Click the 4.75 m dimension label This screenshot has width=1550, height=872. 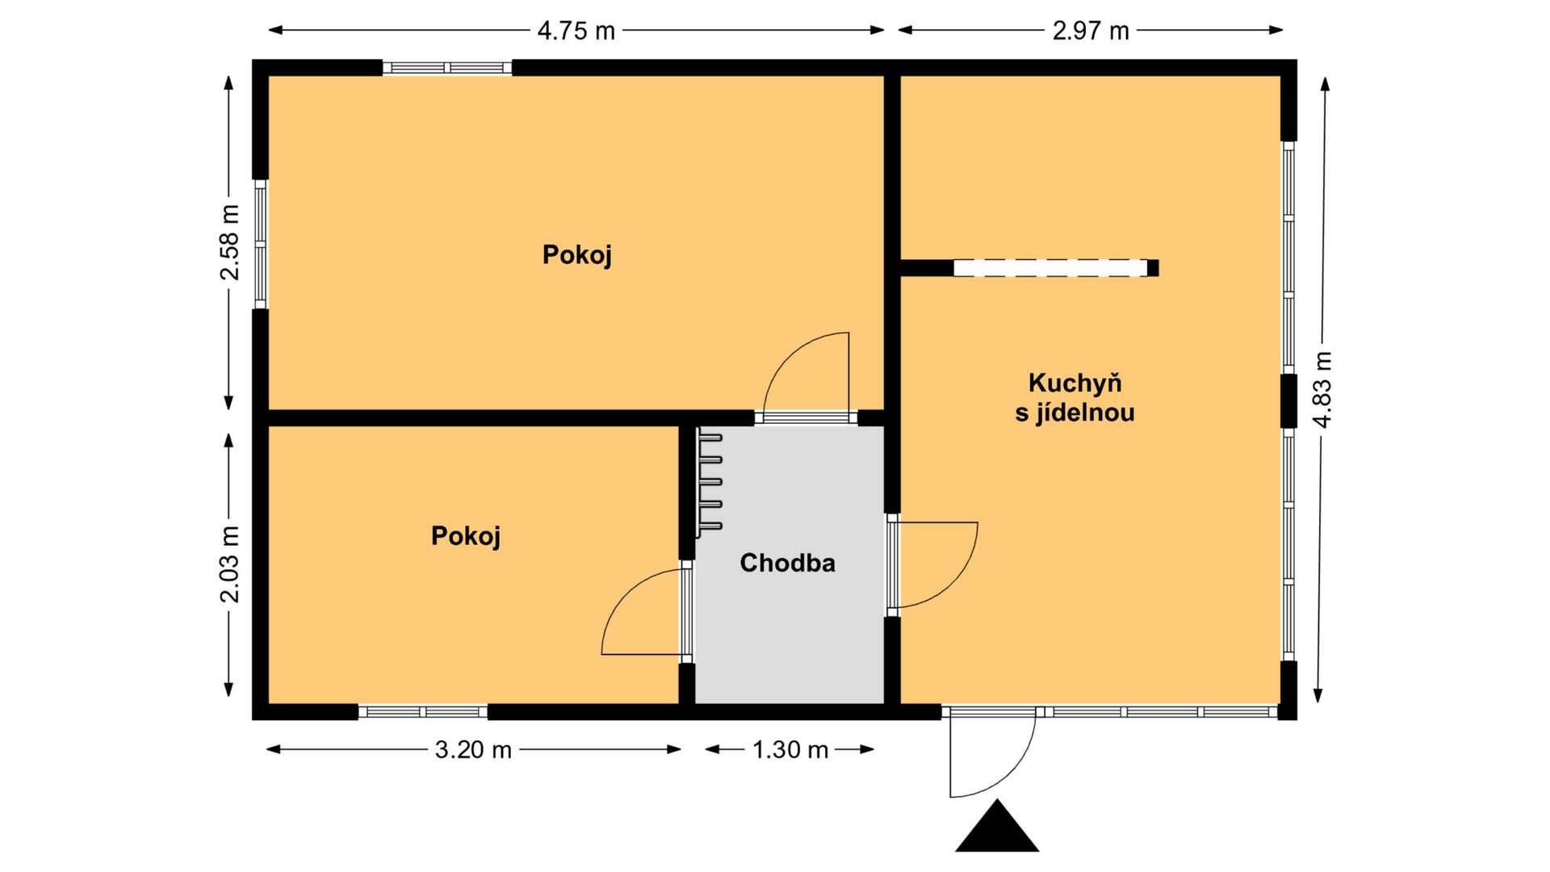576,31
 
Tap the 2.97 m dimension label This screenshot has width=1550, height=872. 1091,31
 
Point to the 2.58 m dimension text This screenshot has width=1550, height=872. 230,242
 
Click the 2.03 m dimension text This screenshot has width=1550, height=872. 230,564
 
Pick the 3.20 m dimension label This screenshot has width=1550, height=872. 474,750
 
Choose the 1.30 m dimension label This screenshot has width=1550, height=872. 790,750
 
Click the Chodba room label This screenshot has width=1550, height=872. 787,563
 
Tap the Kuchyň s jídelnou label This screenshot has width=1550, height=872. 1075,397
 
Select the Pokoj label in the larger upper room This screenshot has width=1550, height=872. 576,255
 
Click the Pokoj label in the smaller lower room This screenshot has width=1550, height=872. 466,536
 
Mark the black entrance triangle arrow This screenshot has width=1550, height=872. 997,825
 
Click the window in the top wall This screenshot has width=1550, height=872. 447,68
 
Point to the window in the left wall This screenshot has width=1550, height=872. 260,244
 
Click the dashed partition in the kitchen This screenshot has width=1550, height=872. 1050,268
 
